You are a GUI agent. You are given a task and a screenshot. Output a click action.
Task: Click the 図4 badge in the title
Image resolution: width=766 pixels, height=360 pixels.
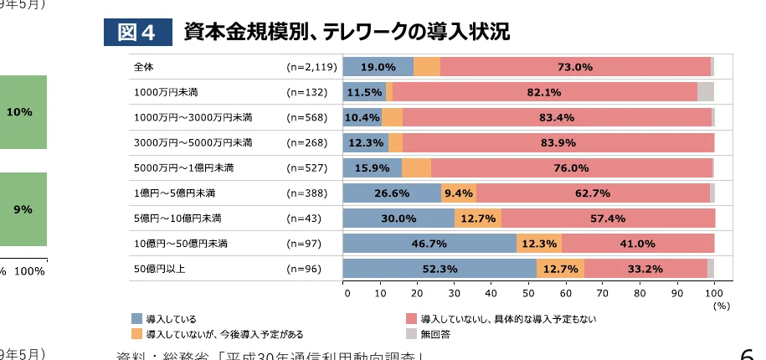click(x=136, y=32)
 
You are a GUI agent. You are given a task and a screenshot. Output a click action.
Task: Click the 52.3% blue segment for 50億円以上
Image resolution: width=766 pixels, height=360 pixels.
click(x=440, y=269)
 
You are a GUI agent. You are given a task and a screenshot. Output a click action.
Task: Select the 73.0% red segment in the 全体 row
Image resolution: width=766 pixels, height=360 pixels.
click(x=575, y=67)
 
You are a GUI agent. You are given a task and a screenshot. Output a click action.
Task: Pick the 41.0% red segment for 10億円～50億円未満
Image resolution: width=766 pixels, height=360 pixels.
click(x=637, y=244)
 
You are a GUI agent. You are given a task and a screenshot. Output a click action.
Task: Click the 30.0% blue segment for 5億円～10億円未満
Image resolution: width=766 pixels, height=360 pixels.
click(x=398, y=219)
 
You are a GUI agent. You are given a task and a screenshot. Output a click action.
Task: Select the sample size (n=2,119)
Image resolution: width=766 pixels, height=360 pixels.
click(x=311, y=67)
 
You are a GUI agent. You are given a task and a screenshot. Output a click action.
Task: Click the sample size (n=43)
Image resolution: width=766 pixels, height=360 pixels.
click(x=306, y=219)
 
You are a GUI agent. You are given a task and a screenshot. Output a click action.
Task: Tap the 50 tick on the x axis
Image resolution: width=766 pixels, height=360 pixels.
click(x=529, y=294)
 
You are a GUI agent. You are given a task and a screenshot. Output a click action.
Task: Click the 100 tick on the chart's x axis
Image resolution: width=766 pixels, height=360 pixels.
click(x=714, y=294)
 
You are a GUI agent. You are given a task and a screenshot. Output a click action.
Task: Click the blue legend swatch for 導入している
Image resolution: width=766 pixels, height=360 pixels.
click(x=137, y=319)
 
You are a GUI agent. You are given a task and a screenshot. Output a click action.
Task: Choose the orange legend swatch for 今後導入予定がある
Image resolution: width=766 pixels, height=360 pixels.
click(x=137, y=334)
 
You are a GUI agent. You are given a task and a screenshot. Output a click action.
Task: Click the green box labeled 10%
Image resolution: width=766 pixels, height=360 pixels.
click(x=23, y=111)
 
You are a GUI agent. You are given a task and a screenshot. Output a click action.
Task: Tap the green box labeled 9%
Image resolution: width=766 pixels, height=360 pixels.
click(x=23, y=209)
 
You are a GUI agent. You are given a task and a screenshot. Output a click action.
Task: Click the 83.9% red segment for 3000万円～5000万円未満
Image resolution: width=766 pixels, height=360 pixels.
click(x=558, y=142)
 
